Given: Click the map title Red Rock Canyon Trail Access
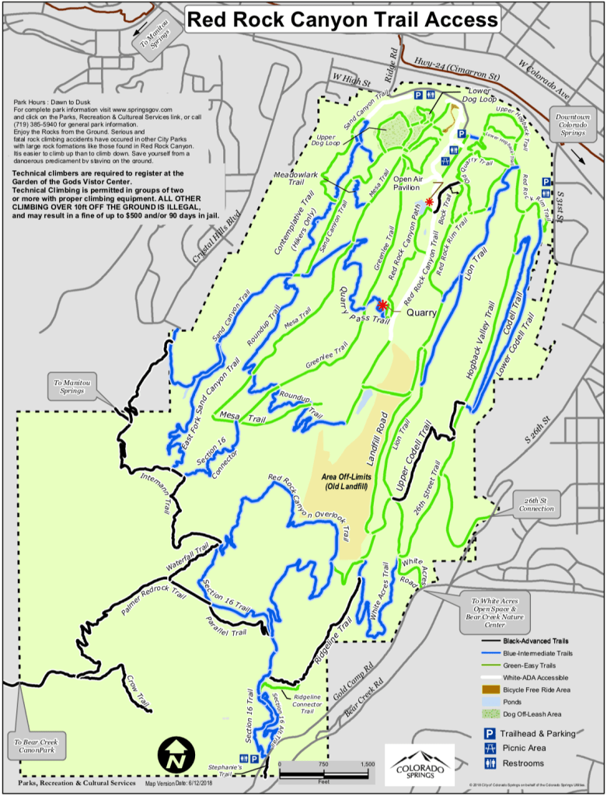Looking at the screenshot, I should pos(344,19).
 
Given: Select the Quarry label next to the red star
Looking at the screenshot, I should pos(420,313).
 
